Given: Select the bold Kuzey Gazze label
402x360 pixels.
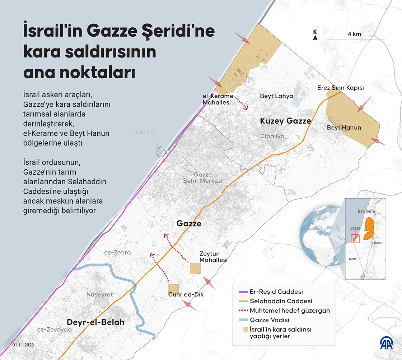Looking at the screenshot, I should pos(285,121).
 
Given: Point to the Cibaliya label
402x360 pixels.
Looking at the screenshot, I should pos(272,136).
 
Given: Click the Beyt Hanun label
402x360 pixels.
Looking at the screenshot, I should pos(344,128).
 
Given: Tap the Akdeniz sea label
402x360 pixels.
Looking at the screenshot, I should pos(143,132).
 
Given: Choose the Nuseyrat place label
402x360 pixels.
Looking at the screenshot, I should pos(99,295).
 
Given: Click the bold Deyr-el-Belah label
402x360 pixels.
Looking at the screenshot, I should pos(95,322).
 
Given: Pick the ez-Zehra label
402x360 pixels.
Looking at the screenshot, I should pos(117,253).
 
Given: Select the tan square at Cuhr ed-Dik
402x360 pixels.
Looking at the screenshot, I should pos(174,289).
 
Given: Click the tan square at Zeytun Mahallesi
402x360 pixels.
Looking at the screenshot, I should pos(196,269).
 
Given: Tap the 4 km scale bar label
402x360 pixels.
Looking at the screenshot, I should pos(354,34).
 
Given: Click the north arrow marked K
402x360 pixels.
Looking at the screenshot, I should pos(315,35).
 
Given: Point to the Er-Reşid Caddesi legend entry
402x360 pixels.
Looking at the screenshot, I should pos(274,292).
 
